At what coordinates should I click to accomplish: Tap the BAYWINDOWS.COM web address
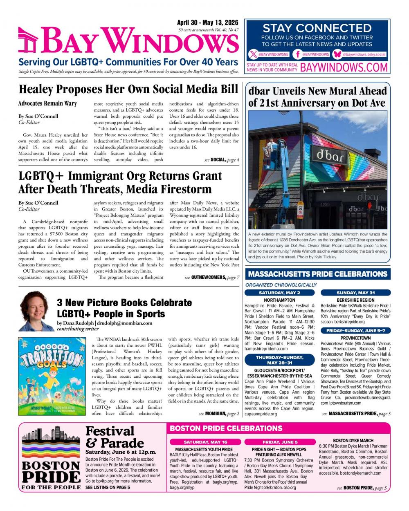(x=344, y=67)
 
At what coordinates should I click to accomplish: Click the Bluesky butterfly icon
(x=337, y=54)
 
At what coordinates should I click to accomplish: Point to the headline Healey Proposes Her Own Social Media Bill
(x=128, y=89)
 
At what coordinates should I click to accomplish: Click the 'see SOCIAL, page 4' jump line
(x=222, y=159)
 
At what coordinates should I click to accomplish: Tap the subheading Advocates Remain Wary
(x=47, y=103)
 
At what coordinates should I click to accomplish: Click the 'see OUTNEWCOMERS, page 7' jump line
(x=212, y=277)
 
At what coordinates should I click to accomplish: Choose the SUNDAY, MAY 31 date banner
(x=355, y=293)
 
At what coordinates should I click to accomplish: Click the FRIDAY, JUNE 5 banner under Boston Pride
(x=280, y=442)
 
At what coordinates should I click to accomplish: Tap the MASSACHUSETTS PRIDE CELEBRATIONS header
(x=317, y=274)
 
